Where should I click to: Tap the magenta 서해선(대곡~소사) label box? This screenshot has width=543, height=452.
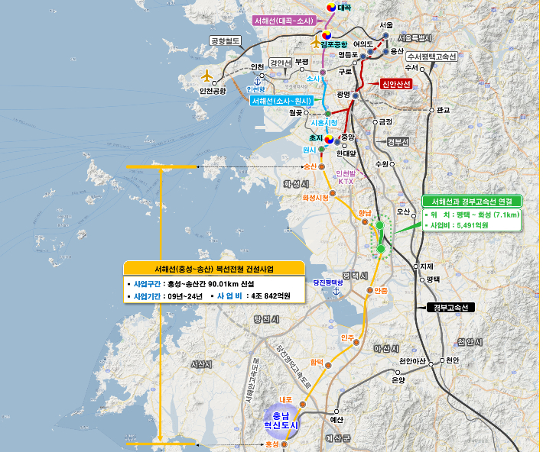tap(283, 21)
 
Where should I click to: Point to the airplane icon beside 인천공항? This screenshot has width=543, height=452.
tap(206, 76)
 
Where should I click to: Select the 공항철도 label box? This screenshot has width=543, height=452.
tap(226, 40)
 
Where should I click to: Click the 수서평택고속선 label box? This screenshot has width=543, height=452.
tap(431, 57)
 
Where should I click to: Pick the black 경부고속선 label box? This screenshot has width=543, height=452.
tap(450, 307)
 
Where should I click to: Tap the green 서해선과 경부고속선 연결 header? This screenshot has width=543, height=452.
tap(472, 201)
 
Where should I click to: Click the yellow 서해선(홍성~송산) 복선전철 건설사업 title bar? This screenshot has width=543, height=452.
tap(214, 269)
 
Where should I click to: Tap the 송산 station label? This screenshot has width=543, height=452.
tap(310, 166)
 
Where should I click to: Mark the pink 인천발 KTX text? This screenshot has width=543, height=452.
tap(345, 177)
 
